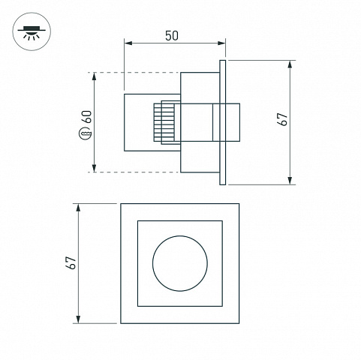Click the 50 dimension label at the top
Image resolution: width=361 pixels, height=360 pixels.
(x=172, y=36)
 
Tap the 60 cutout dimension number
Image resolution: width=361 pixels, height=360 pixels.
(x=88, y=117)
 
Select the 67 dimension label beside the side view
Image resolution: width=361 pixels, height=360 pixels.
(x=283, y=119)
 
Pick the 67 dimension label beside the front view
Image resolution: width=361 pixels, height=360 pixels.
(x=71, y=262)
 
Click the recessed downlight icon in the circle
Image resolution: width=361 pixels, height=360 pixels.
(x=32, y=32)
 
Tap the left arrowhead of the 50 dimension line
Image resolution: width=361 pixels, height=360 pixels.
(x=128, y=43)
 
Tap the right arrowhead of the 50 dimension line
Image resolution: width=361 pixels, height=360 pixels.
(x=221, y=43)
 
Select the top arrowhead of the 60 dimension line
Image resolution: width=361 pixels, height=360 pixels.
(x=94, y=76)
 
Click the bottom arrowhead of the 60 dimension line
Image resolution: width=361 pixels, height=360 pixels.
(x=94, y=168)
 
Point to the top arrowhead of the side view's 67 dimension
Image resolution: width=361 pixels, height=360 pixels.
(x=290, y=64)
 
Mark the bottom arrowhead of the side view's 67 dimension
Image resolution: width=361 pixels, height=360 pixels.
(x=290, y=181)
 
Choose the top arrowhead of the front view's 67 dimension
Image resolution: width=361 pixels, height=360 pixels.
(x=78, y=208)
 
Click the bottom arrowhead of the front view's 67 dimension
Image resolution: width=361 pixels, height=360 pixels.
(x=78, y=319)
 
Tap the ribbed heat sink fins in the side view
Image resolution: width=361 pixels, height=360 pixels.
(x=164, y=122)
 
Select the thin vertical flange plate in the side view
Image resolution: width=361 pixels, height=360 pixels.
(x=223, y=122)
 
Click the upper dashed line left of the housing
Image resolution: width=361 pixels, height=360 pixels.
(x=134, y=73)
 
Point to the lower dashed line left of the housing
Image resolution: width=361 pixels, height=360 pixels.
(x=134, y=172)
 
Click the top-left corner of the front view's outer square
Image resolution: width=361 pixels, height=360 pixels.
(x=121, y=204)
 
